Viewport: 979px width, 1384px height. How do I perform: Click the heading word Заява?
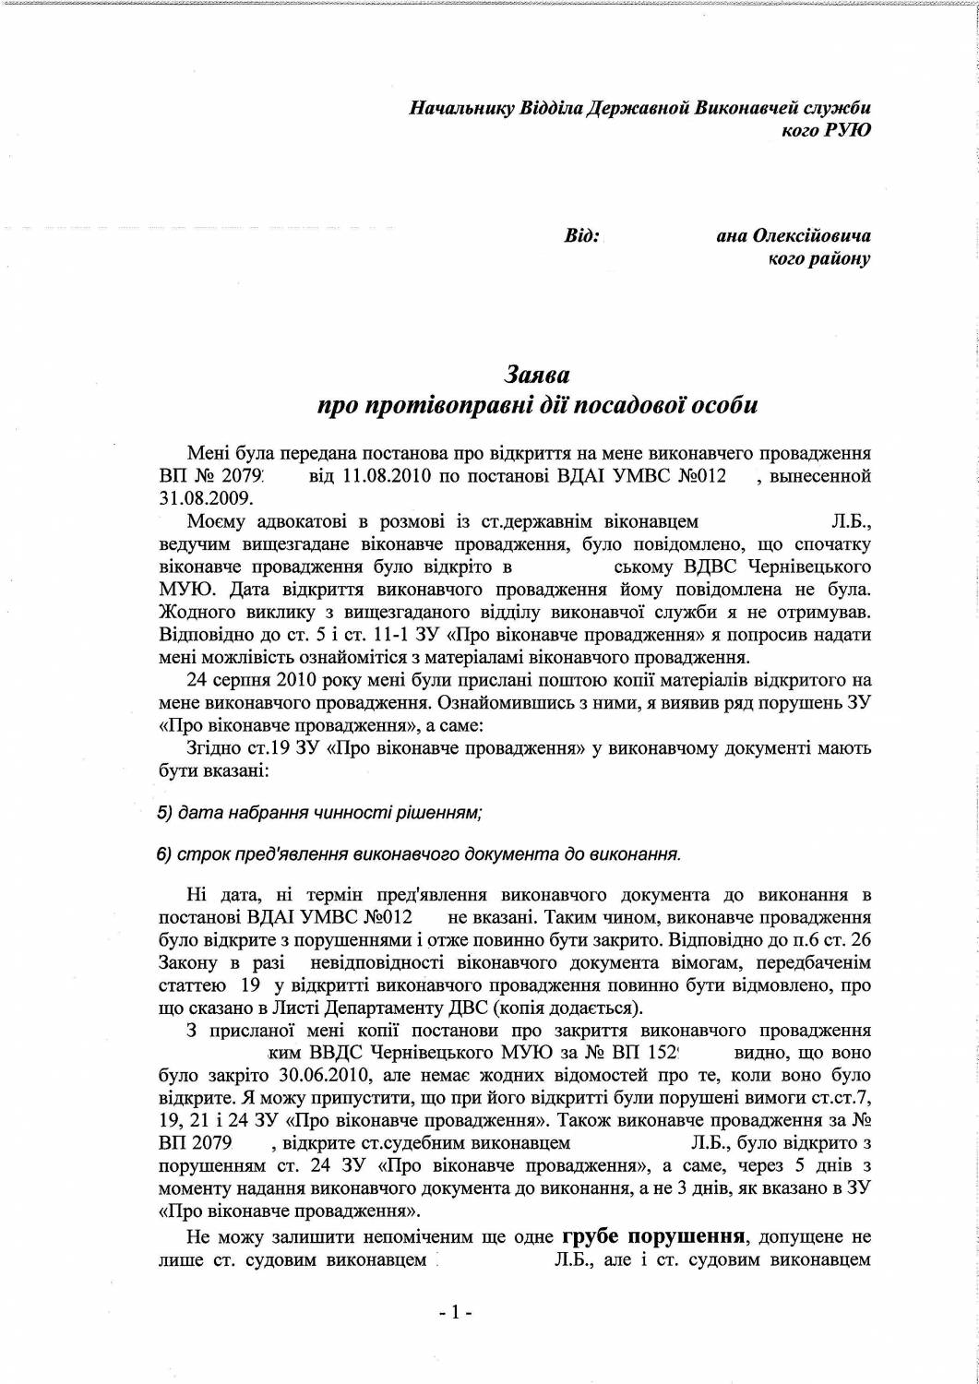(x=536, y=375)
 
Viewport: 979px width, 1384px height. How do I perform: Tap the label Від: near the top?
(x=581, y=236)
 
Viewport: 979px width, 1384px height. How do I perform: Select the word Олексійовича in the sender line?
(x=813, y=236)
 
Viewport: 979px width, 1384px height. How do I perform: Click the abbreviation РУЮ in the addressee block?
(x=847, y=130)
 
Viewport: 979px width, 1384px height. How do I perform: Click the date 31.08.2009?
(x=198, y=499)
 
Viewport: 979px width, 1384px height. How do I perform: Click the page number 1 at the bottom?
(x=456, y=1310)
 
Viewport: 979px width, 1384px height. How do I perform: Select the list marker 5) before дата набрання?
(x=165, y=813)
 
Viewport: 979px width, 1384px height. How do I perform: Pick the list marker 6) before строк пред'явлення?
(x=165, y=853)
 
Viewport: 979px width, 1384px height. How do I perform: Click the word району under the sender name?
(x=838, y=259)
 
